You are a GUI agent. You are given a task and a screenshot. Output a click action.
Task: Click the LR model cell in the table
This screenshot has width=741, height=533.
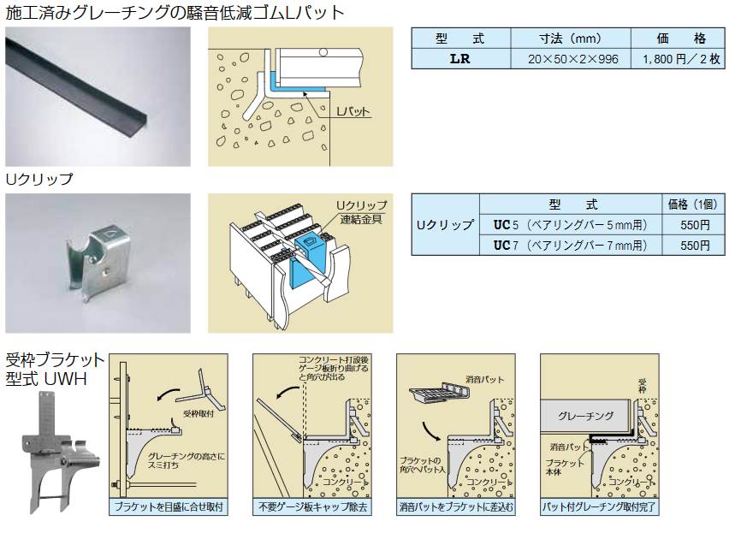click(459, 60)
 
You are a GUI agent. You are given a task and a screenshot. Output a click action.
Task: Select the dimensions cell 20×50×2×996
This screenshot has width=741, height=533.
click(570, 60)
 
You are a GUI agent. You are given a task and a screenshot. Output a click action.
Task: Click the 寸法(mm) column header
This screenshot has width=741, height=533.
click(570, 38)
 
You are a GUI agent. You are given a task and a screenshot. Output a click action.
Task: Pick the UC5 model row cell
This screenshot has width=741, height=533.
click(570, 226)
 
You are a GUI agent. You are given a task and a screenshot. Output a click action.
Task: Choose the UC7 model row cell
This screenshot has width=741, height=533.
click(570, 246)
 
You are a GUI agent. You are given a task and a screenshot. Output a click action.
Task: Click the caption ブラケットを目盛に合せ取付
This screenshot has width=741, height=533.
click(169, 507)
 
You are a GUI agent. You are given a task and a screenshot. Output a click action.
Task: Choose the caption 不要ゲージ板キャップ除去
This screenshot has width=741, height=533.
click(312, 507)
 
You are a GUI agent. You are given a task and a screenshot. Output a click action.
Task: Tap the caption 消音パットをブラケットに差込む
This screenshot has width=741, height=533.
click(456, 507)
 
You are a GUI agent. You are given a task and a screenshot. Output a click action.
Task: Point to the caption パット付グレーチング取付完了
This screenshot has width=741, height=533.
click(599, 507)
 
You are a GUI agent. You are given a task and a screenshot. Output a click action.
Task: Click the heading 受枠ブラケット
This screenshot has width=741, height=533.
click(56, 358)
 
